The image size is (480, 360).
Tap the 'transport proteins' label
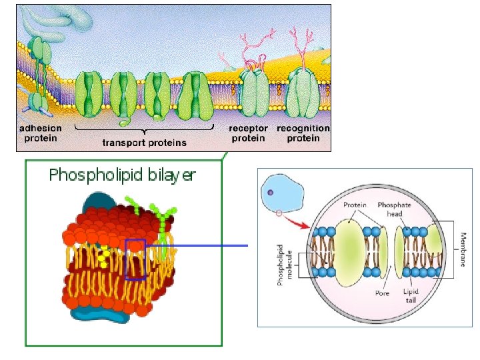[x=145, y=142]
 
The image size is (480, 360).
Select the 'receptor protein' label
[x=248, y=133]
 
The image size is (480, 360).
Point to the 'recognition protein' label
[x=303, y=133]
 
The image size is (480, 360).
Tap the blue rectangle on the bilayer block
[x=135, y=259]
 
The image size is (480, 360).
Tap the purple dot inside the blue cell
[x=270, y=193]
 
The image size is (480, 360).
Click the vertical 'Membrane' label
[x=463, y=249]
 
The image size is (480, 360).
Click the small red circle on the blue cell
[x=279, y=214]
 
